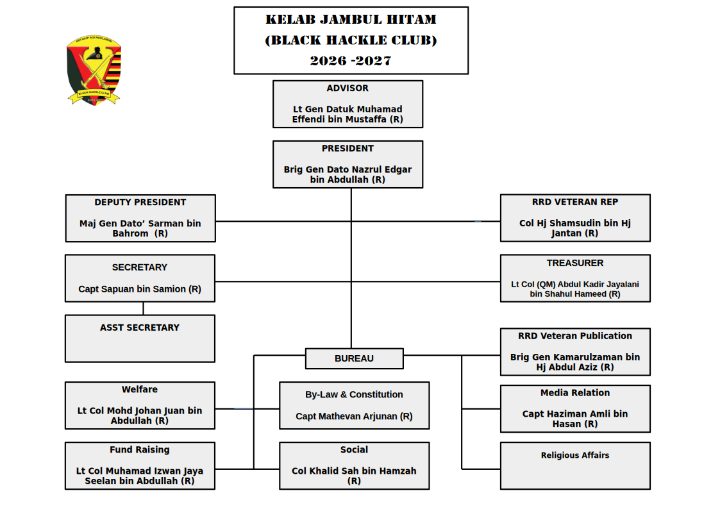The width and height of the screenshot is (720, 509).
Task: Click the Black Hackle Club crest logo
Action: tap(94, 70)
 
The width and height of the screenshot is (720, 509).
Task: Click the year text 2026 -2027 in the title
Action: tap(351, 61)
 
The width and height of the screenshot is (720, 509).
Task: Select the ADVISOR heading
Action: tap(347, 88)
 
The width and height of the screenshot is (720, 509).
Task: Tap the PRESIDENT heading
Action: tap(347, 149)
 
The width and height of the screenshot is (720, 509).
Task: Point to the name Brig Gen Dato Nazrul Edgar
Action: tap(347, 170)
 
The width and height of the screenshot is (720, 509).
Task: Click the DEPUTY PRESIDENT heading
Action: tap(140, 203)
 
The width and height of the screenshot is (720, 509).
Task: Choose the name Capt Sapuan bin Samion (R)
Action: tap(140, 289)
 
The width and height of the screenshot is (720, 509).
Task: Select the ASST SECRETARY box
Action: tap(140, 338)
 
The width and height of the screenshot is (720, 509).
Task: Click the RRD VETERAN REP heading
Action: tap(575, 202)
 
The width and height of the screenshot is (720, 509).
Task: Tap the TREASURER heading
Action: tap(575, 263)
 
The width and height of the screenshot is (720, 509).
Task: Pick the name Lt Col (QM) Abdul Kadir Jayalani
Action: tap(575, 284)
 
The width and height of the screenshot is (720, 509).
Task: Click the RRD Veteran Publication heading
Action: tap(575, 336)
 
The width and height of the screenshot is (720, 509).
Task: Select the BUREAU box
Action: tap(354, 359)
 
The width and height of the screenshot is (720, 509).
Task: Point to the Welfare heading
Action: tap(140, 390)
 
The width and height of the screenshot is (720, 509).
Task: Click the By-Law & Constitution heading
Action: tap(354, 395)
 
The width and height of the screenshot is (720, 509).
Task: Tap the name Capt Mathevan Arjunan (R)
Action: tap(354, 417)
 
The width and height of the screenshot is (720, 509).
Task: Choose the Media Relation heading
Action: tap(575, 393)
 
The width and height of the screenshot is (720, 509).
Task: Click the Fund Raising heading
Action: tap(140, 450)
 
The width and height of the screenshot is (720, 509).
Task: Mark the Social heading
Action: tap(354, 450)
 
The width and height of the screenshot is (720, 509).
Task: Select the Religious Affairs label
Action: tap(575, 456)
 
